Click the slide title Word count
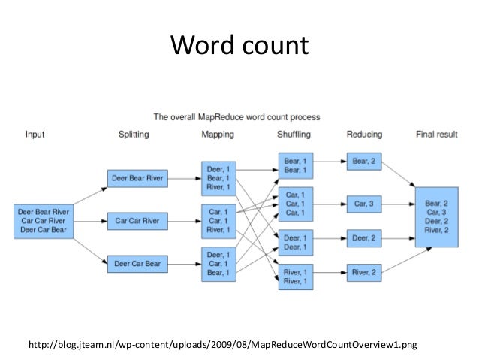[x=239, y=46]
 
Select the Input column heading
[x=35, y=135]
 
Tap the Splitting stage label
[x=134, y=135]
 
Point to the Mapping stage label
[x=218, y=135]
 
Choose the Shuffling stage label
[x=294, y=135]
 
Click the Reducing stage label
[x=364, y=135]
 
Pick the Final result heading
[x=437, y=135]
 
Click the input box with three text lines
[x=43, y=221]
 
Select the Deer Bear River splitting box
[x=138, y=179]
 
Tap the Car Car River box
[x=138, y=222]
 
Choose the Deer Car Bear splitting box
[x=138, y=264]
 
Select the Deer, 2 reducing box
[x=364, y=237]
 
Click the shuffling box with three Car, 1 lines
[x=294, y=203]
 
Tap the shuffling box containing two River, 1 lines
[x=294, y=276]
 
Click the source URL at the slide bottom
[x=221, y=345]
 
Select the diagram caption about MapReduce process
[x=236, y=117]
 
